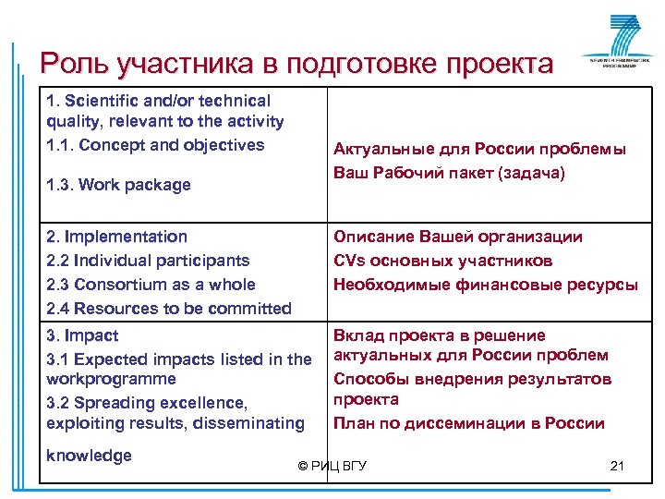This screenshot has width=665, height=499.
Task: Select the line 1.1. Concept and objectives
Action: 155,145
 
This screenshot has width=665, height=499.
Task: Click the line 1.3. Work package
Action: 118,185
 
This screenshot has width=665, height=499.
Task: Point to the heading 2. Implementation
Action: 117,237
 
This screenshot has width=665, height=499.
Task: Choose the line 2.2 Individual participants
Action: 148,261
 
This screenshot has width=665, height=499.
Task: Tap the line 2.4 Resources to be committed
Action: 169,309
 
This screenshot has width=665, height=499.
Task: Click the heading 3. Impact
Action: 83,335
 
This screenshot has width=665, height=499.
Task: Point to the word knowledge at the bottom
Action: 89,456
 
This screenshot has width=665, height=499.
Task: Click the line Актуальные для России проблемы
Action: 479,150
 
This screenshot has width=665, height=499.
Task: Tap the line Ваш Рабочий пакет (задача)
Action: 449,173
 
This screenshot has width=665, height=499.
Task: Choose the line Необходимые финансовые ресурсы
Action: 485,285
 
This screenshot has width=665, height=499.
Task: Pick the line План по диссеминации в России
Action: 468,423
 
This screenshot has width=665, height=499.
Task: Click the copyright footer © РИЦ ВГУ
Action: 332,466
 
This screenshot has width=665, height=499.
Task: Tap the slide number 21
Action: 617,466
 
